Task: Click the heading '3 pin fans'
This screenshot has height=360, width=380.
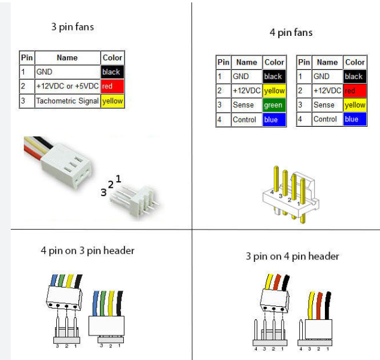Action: pyautogui.click(x=72, y=27)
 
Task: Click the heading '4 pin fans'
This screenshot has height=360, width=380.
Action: pyautogui.click(x=291, y=32)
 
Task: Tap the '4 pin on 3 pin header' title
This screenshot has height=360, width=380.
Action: pyautogui.click(x=87, y=251)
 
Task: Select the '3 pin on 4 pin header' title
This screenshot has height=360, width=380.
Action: pyautogui.click(x=292, y=257)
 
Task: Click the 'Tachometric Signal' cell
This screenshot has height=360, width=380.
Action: pyautogui.click(x=67, y=101)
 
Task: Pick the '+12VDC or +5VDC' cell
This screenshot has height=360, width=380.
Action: pyautogui.click(x=67, y=86)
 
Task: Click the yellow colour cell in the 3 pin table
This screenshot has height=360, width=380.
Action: pyautogui.click(x=112, y=101)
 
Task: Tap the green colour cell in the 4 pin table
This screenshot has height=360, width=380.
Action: pyautogui.click(x=273, y=105)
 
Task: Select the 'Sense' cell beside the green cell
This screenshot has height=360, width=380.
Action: pyautogui.click(x=246, y=105)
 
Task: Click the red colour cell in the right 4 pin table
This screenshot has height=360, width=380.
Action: pyautogui.click(x=354, y=91)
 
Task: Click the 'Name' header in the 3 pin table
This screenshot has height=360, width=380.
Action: pyautogui.click(x=67, y=58)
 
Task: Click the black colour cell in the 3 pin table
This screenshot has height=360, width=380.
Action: pyautogui.click(x=112, y=72)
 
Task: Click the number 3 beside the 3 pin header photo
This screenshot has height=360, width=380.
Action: pyautogui.click(x=104, y=193)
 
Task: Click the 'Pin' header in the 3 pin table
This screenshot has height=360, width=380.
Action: pyautogui.click(x=26, y=58)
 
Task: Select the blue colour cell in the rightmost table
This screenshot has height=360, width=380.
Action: pyautogui.click(x=354, y=119)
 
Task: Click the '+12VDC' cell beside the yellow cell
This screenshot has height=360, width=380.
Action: pyautogui.click(x=246, y=91)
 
